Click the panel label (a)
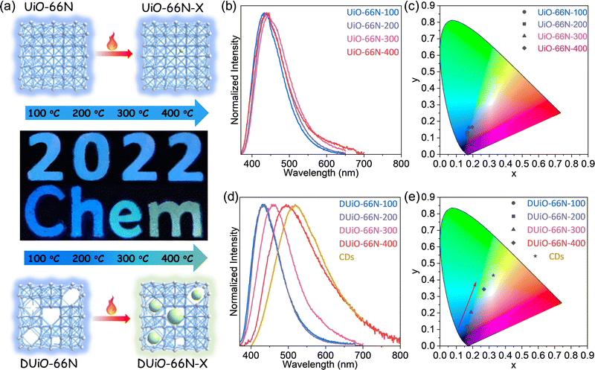click(10, 7)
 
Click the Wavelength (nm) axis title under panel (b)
click(321, 173)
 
